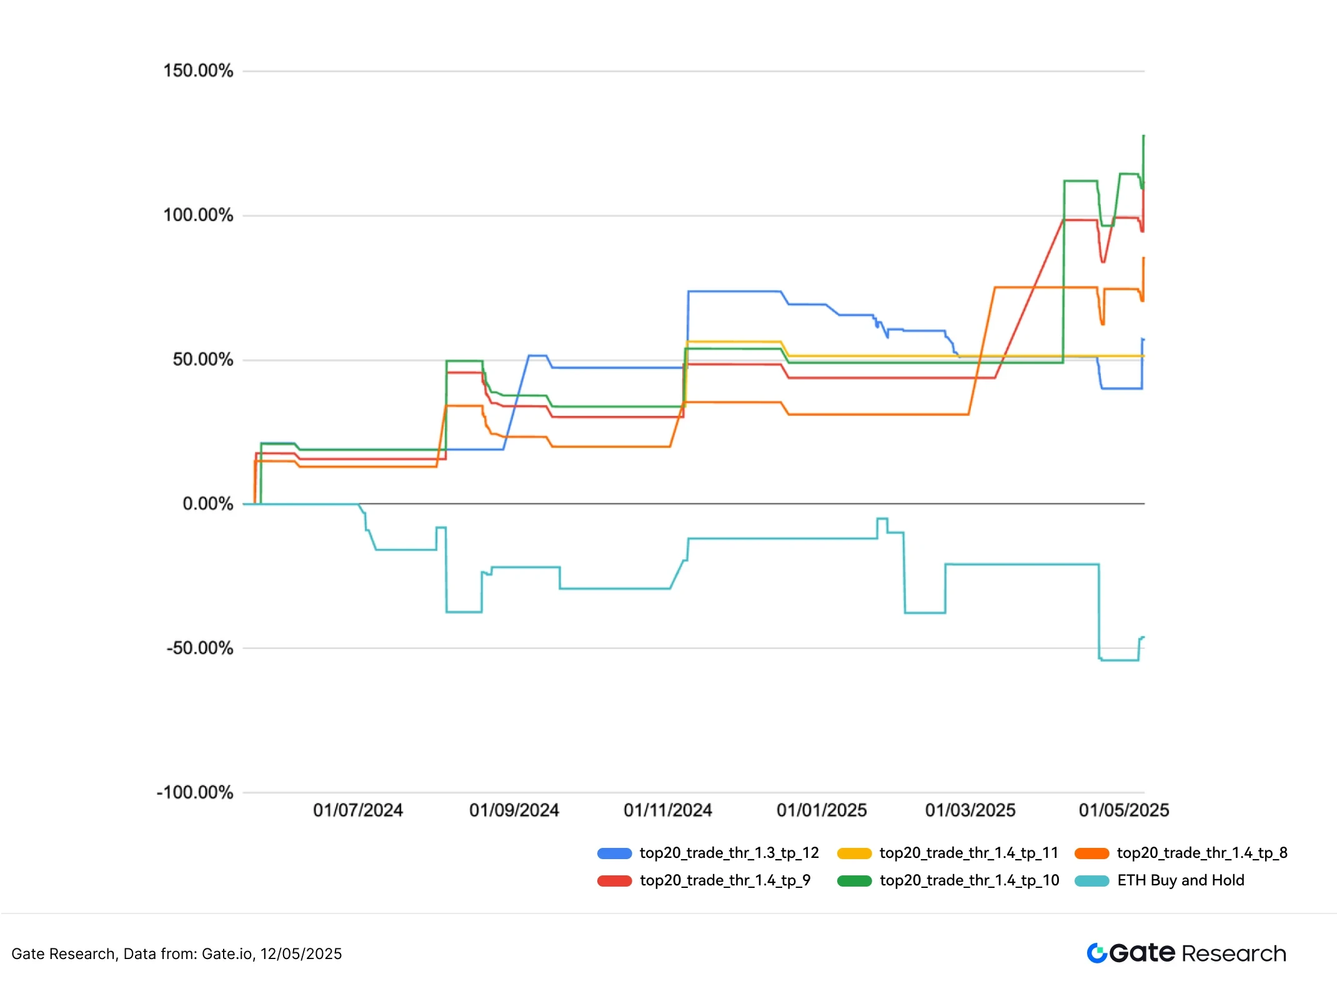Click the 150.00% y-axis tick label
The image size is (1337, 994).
pyautogui.click(x=198, y=71)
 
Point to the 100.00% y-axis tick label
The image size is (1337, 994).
pyautogui.click(x=198, y=215)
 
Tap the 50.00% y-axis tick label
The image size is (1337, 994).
pyautogui.click(x=202, y=360)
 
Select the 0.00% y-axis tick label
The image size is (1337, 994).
pyautogui.click(x=207, y=504)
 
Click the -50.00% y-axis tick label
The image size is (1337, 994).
pyautogui.click(x=199, y=648)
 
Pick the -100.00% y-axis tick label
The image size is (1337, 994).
pyautogui.click(x=194, y=792)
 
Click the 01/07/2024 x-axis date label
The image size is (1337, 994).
pyautogui.click(x=358, y=810)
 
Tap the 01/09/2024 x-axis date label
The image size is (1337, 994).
pyautogui.click(x=514, y=810)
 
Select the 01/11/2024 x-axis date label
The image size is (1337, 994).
pyautogui.click(x=668, y=810)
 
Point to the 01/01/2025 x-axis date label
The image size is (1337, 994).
pyautogui.click(x=822, y=810)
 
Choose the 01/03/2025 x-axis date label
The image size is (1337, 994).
pyautogui.click(x=970, y=810)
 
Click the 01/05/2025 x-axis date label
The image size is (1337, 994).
pyautogui.click(x=1124, y=810)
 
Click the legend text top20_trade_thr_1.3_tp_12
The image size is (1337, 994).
pyautogui.click(x=729, y=853)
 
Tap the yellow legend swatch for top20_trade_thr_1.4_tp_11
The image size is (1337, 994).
pyautogui.click(x=854, y=854)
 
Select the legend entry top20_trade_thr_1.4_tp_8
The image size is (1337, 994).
pyautogui.click(x=1202, y=853)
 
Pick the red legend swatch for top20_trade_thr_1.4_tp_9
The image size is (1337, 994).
pyautogui.click(x=615, y=881)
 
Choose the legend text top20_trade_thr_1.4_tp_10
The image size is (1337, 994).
pyautogui.click(x=970, y=880)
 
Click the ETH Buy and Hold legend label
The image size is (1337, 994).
pyautogui.click(x=1181, y=880)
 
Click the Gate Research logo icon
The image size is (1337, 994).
pyautogui.click(x=1097, y=953)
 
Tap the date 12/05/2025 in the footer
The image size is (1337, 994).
pyautogui.click(x=301, y=954)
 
